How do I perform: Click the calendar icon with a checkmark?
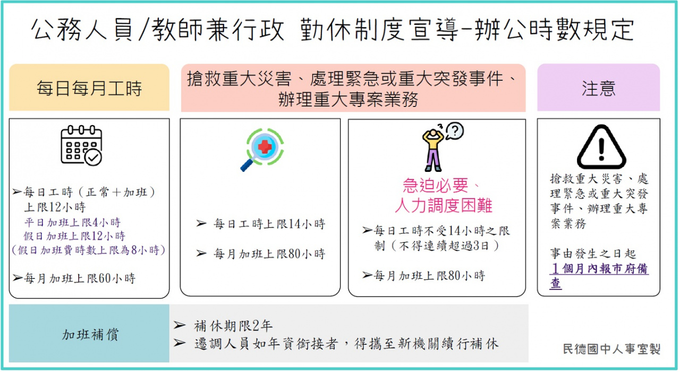pyautogui.click(x=81, y=145)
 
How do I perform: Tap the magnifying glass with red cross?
pyautogui.click(x=262, y=150)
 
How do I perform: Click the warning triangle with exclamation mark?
pyautogui.click(x=601, y=147)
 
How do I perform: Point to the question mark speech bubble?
pyautogui.click(x=454, y=131)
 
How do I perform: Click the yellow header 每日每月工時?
pyautogui.click(x=89, y=88)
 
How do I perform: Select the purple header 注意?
pyautogui.click(x=598, y=88)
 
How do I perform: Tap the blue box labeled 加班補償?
pyautogui.click(x=89, y=333)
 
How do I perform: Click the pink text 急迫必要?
pyautogui.click(x=436, y=185)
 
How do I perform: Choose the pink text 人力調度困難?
pyautogui.click(x=444, y=205)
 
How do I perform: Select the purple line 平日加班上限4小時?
pyautogui.click(x=72, y=222)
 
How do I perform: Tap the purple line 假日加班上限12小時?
pyautogui.click(x=74, y=236)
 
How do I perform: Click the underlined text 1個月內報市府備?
pyautogui.click(x=599, y=269)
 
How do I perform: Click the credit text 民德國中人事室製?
pyautogui.click(x=611, y=349)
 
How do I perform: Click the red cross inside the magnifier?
pyautogui.click(x=265, y=146)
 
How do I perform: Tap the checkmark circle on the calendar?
pyautogui.click(x=93, y=157)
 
